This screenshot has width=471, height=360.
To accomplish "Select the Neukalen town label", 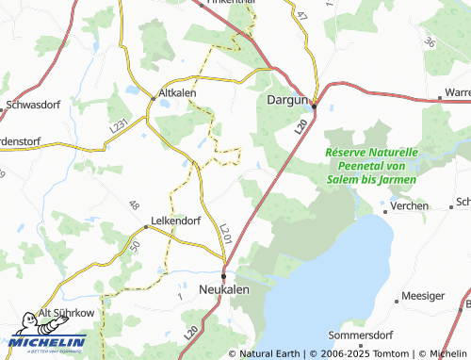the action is click(x=225, y=289).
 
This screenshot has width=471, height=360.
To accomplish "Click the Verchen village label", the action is click(x=409, y=205).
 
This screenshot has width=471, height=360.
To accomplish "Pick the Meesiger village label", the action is click(x=423, y=295).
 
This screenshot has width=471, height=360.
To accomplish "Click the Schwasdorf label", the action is click(x=33, y=106).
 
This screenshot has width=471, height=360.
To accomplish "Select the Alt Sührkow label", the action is click(x=66, y=314).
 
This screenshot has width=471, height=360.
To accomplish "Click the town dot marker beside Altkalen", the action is click(x=154, y=96).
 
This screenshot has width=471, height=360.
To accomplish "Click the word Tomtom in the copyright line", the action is click(x=386, y=353).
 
